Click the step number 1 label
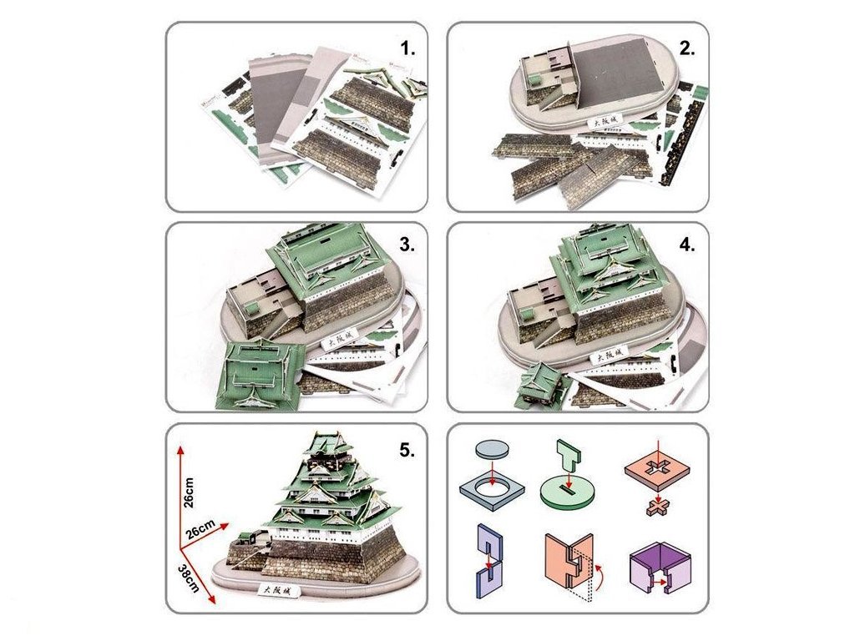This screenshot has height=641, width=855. [407, 49]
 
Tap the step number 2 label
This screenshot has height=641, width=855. [687, 48]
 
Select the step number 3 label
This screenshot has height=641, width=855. [407, 245]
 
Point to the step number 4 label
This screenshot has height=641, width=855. [687, 246]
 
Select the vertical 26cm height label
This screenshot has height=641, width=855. [190, 492]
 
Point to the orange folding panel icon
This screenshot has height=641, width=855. [568, 563]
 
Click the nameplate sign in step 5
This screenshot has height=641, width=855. [275, 589]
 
